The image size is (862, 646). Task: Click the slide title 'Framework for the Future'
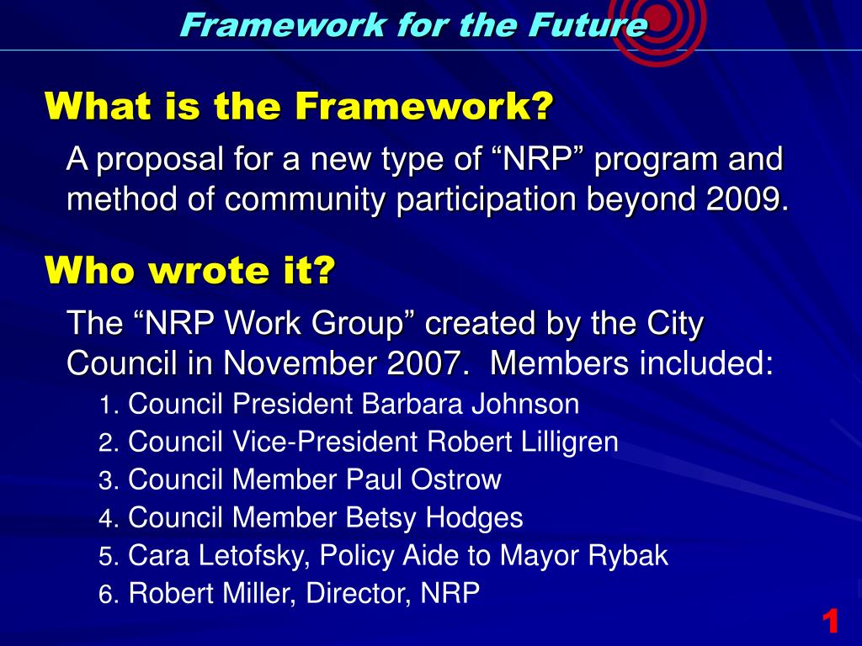tap(413, 25)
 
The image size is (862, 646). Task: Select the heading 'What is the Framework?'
tap(300, 107)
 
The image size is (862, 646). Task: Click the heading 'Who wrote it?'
tap(190, 271)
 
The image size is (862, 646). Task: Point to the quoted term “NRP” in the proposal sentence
tap(529, 158)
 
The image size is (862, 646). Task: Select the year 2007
tap(427, 364)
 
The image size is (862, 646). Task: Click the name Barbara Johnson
tap(471, 405)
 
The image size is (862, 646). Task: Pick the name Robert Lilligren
tap(523, 442)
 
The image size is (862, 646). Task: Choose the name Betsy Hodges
tap(434, 518)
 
